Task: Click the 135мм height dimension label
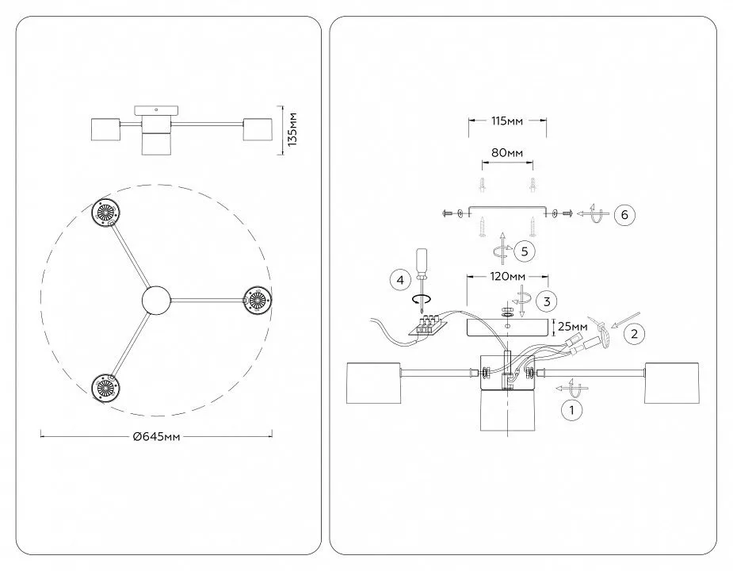(292, 129)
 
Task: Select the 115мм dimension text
(507, 121)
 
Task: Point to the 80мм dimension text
(507, 152)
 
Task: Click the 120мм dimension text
(508, 277)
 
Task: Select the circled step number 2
(633, 334)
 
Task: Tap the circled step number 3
(545, 301)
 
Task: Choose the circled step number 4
(400, 280)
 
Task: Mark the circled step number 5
(525, 251)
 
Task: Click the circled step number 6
(623, 214)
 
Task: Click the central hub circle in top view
(155, 300)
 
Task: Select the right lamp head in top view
(258, 300)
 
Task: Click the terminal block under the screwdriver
(429, 325)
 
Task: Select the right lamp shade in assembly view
(672, 383)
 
